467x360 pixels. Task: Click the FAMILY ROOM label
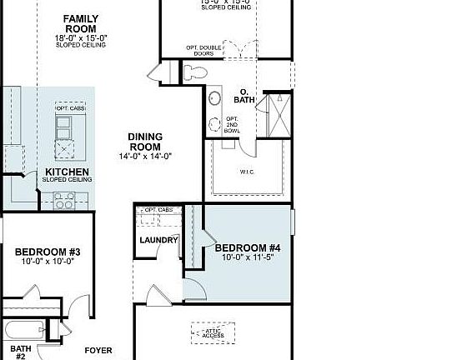coord(81,23)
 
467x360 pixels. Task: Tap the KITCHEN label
coord(67,172)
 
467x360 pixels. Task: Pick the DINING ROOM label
coord(145,142)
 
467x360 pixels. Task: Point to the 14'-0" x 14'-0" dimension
coord(145,156)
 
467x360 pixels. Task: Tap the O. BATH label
coord(244,96)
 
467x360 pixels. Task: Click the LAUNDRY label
coord(158,240)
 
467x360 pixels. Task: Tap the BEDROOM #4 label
coord(248,247)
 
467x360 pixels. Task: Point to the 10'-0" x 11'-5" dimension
coord(248,258)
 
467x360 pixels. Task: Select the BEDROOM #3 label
coord(48,251)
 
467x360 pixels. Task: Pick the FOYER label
coord(98,351)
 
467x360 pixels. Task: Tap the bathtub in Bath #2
coord(32,329)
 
